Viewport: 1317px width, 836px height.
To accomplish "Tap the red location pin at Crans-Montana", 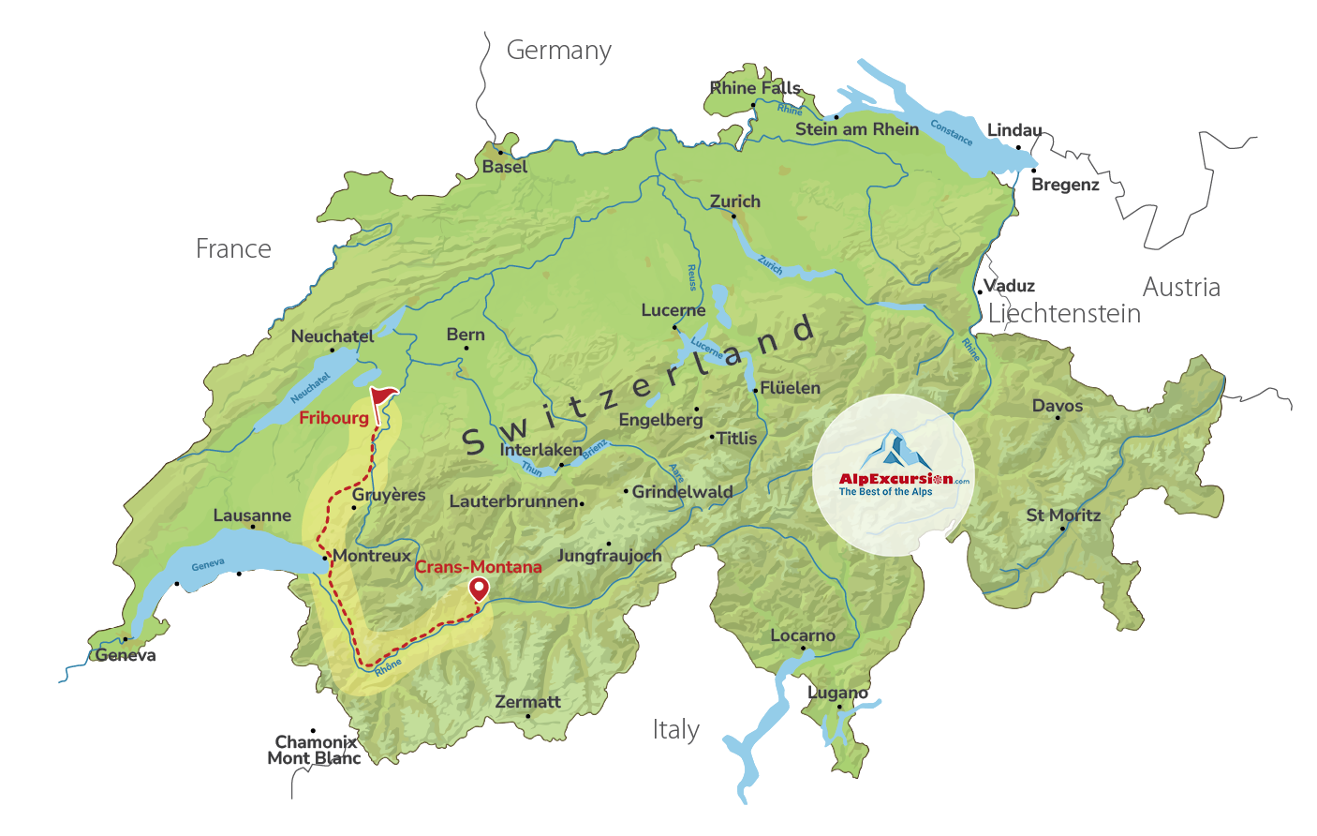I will (x=479, y=589).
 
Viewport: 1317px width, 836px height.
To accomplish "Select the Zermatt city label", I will (x=527, y=702).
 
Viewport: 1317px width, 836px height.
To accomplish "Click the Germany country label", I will (x=559, y=51).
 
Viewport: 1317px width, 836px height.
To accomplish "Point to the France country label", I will (x=233, y=249).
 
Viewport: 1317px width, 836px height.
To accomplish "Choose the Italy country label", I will (x=676, y=730).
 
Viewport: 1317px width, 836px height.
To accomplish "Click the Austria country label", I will (x=1181, y=288).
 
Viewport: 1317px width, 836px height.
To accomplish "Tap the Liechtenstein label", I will (x=1064, y=314).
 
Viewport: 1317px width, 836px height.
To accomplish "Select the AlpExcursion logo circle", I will (x=893, y=475).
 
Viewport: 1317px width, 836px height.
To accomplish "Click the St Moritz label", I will (x=1063, y=515).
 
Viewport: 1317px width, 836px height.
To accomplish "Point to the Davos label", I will (x=1058, y=406).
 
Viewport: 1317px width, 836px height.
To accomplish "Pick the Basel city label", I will (x=505, y=167).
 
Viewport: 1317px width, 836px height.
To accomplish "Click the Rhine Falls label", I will (x=755, y=88).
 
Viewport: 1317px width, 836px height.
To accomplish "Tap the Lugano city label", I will (x=837, y=693).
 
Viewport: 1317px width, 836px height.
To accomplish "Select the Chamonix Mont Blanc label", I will (x=315, y=750).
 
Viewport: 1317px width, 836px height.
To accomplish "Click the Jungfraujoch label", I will (x=610, y=556).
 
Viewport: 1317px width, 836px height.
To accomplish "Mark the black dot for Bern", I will (x=466, y=349).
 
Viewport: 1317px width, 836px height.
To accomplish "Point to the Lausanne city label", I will (x=252, y=515).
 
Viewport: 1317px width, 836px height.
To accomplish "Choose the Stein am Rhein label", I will (x=857, y=129).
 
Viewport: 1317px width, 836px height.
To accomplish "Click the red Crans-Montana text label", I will (x=479, y=567).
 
